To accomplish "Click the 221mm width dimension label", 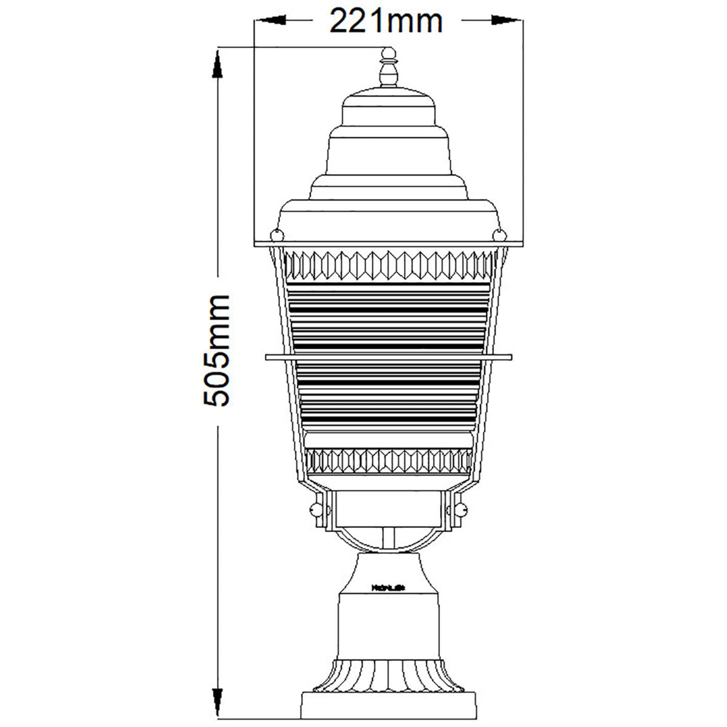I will [386, 22].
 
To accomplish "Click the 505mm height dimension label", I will [216, 351].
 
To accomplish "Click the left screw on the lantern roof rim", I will [276, 233].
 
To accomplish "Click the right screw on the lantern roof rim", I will [499, 233].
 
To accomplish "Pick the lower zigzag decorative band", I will [388, 461].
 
